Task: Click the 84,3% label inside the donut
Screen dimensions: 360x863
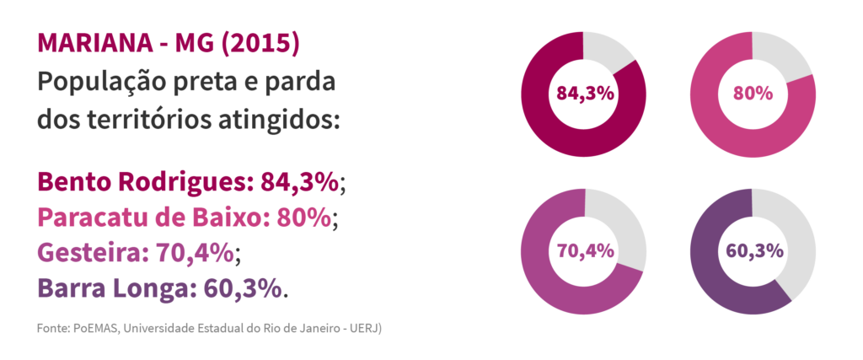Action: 583,94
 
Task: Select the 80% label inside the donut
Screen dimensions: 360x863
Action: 753,94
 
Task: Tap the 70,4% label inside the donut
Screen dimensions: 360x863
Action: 583,250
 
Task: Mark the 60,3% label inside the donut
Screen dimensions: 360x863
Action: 753,250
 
